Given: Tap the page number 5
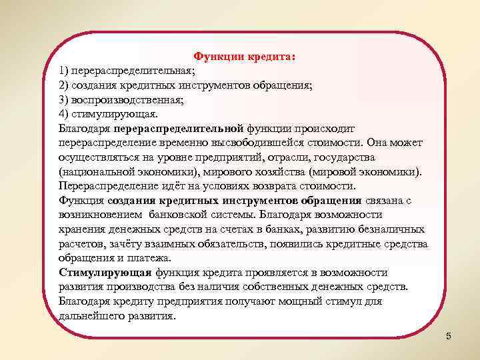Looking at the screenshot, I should pos(449,336).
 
